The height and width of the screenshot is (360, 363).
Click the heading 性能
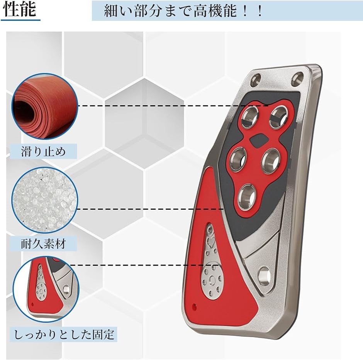(x=20, y=10)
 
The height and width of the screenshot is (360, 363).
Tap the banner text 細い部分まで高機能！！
(x=183, y=11)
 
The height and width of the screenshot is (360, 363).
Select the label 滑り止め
(x=43, y=152)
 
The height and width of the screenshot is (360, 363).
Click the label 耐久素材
(x=43, y=244)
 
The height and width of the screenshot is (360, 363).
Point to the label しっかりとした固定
(x=64, y=335)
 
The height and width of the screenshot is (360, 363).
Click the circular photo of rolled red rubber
(x=45, y=106)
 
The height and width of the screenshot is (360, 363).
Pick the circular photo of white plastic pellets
(x=45, y=200)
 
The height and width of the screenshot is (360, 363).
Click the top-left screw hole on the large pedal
(x=256, y=79)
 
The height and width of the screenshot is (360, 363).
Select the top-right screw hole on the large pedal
(x=297, y=78)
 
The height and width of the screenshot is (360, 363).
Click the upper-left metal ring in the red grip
(x=250, y=117)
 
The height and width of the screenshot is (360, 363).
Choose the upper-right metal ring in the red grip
(x=279, y=117)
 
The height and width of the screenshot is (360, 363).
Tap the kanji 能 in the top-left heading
(x=29, y=10)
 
